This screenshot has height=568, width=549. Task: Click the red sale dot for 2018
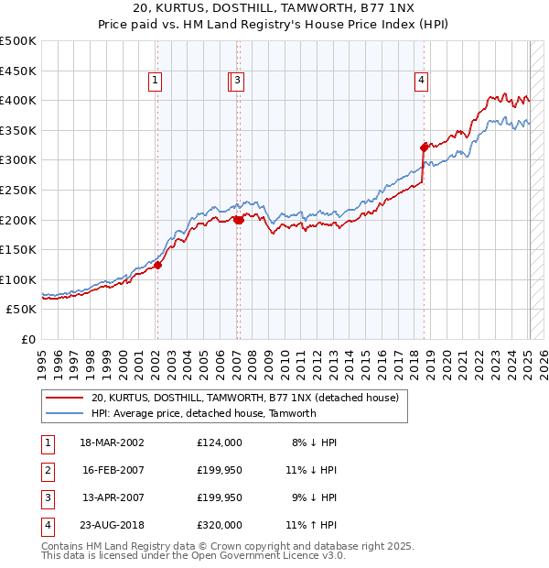coord(424,147)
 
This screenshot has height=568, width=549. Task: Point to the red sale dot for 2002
coord(157,265)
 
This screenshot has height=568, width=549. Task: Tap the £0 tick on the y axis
coord(29,339)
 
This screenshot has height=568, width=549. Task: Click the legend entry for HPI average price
coord(203,413)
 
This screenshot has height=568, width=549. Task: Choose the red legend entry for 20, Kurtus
coord(244,399)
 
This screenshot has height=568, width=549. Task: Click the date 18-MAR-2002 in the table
coord(113,442)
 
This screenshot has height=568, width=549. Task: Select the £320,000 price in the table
coord(220,525)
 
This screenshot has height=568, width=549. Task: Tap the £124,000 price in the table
coord(220,442)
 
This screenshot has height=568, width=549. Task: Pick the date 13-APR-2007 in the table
coord(113,497)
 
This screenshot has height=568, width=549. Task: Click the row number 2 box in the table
coord(47,470)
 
